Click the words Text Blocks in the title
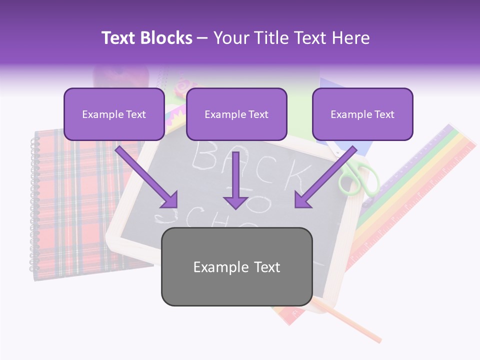pyautogui.click(x=146, y=38)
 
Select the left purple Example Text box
pyautogui.click(x=114, y=114)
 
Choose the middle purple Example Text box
pyautogui.click(x=236, y=114)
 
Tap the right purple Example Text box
pyautogui.click(x=362, y=114)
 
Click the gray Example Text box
pyautogui.click(x=236, y=267)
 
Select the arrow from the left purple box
pyautogui.click(x=147, y=177)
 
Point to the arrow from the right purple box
pyautogui.click(x=325, y=177)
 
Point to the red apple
pyautogui.click(x=121, y=77)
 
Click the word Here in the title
pyautogui.click(x=351, y=38)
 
